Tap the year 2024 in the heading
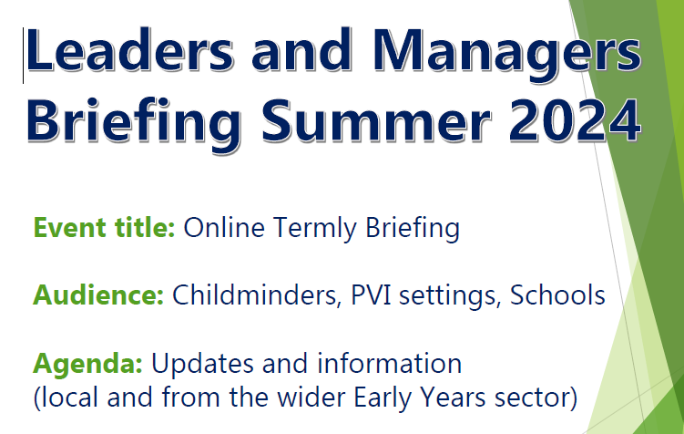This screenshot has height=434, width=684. click(576, 120)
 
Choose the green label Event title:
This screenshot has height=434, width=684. click(104, 227)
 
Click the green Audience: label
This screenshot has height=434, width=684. click(98, 294)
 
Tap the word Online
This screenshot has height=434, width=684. click(224, 227)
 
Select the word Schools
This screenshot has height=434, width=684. click(557, 294)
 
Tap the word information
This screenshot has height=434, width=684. click(389, 363)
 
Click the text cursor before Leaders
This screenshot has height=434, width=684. click(24, 56)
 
